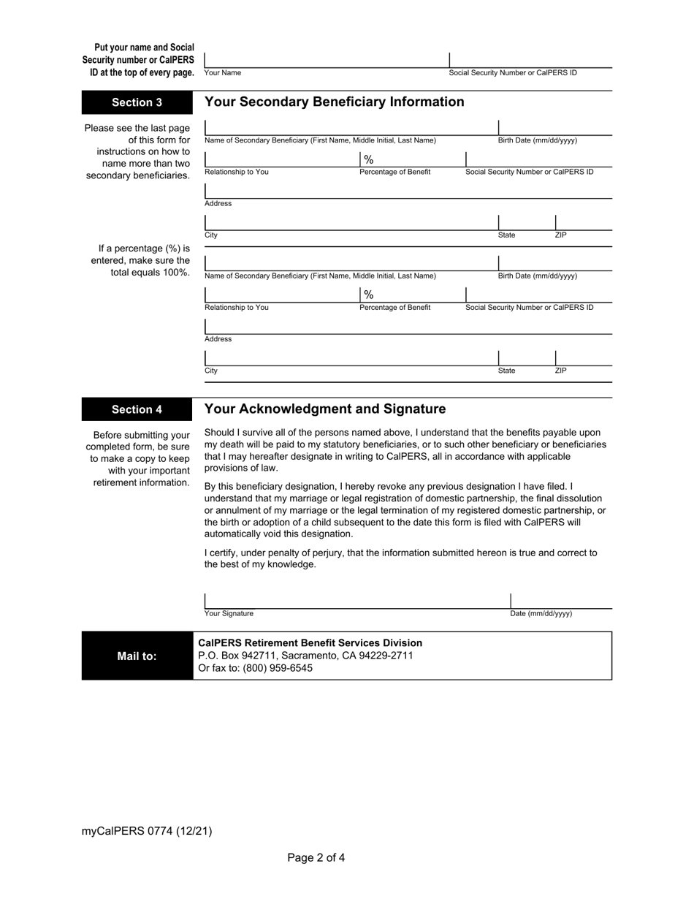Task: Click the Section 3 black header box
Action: pyautogui.click(x=137, y=102)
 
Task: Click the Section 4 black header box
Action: pyautogui.click(x=137, y=409)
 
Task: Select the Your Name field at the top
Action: pyautogui.click(x=326, y=60)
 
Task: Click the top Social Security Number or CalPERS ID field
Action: pyautogui.click(x=530, y=60)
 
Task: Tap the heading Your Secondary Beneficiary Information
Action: pyautogui.click(x=334, y=102)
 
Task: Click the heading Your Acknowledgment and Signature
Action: pyautogui.click(x=325, y=409)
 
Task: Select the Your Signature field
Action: pyautogui.click(x=356, y=600)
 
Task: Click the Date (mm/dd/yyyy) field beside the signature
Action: pyautogui.click(x=560, y=600)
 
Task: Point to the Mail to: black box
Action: pyautogui.click(x=137, y=656)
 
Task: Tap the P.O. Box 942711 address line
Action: pyautogui.click(x=305, y=656)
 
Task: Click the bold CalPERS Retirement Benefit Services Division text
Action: pyautogui.click(x=310, y=642)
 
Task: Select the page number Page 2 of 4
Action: pyautogui.click(x=316, y=857)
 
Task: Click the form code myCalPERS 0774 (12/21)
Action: pyautogui.click(x=147, y=830)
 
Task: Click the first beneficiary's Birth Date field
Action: pyautogui.click(x=554, y=128)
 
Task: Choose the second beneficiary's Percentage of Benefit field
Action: pyautogui.click(x=411, y=295)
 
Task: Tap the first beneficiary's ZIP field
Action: pyautogui.click(x=583, y=222)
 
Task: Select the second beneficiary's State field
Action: pyautogui.click(x=526, y=358)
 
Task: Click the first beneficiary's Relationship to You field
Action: pyautogui.click(x=281, y=159)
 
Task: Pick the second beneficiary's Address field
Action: pyautogui.click(x=408, y=326)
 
